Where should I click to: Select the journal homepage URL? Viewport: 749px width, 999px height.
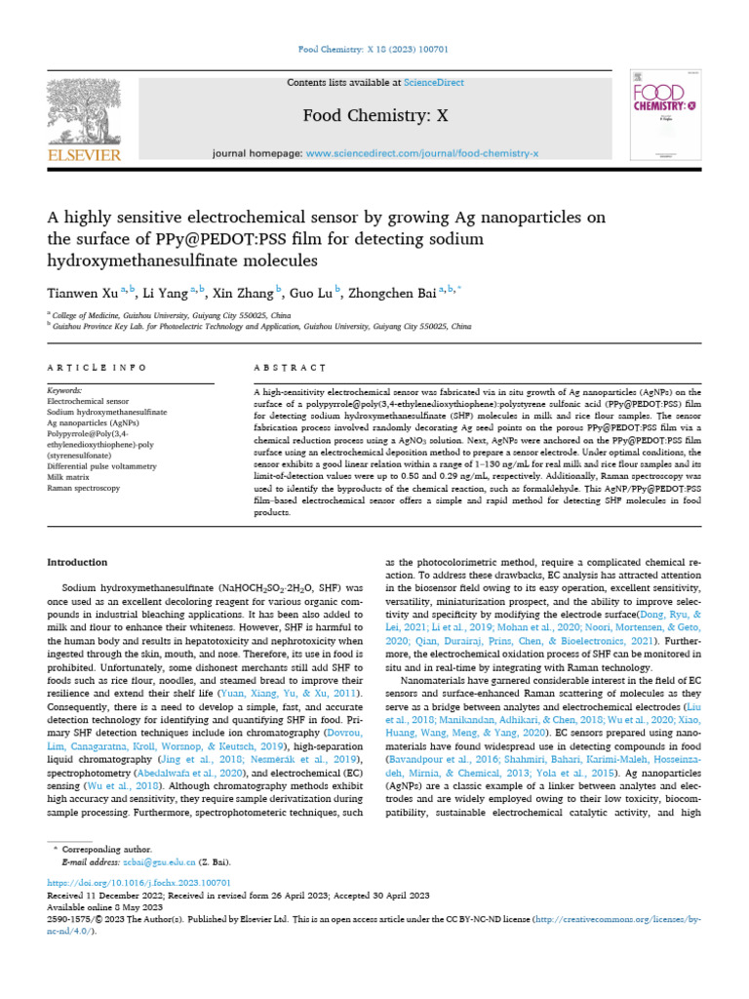point(421,154)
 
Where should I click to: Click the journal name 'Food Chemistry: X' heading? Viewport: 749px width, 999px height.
point(374,115)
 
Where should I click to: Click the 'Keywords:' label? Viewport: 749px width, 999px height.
point(64,390)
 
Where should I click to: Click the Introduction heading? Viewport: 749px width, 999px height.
point(79,563)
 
